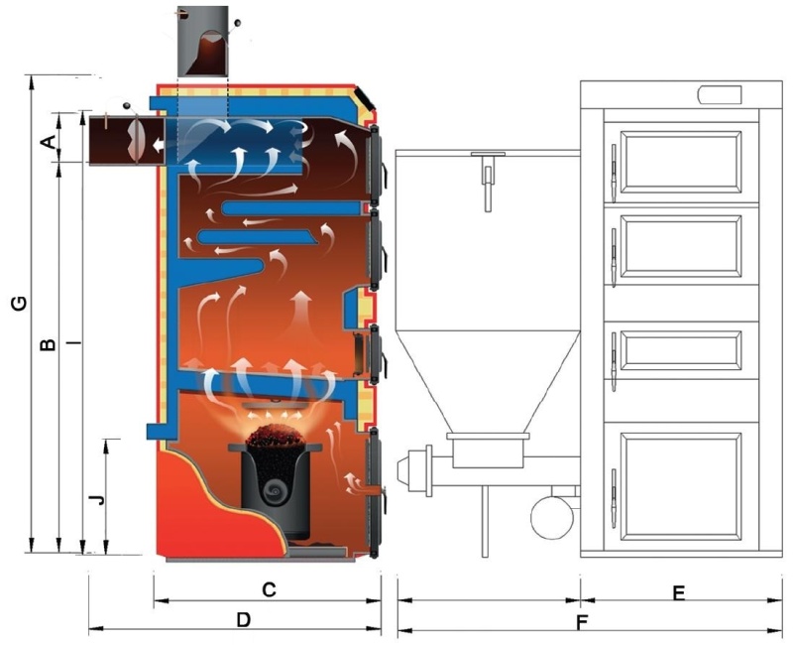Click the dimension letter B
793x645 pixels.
[48, 344]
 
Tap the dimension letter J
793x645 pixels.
[96, 499]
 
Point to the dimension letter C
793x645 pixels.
[269, 589]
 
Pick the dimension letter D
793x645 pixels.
[244, 619]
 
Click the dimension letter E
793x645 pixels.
[678, 592]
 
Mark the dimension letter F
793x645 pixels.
[582, 623]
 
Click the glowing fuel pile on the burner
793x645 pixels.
[277, 435]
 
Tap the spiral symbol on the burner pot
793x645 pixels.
[277, 489]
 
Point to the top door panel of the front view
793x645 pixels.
[681, 163]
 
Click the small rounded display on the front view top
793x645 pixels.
[720, 94]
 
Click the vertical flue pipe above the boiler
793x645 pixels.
[203, 42]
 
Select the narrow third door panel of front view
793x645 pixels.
[681, 350]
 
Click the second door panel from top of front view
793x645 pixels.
[681, 246]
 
